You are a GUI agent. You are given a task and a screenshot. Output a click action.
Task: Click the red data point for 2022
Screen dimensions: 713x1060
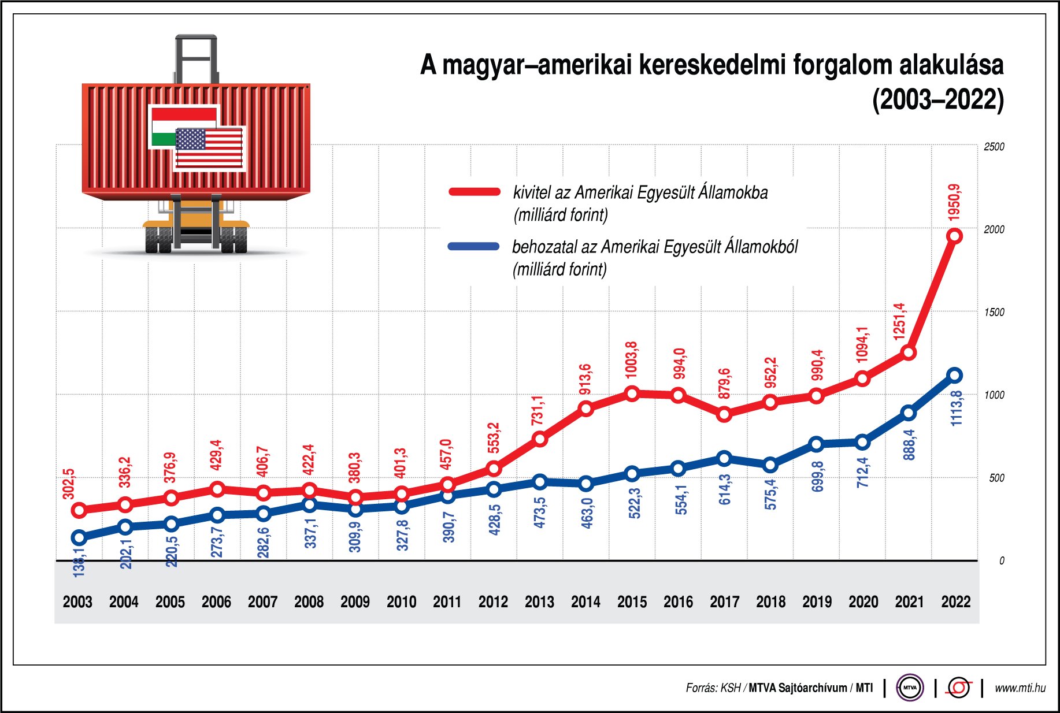955,236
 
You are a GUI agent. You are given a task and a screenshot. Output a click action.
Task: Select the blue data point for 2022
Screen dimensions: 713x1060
955,376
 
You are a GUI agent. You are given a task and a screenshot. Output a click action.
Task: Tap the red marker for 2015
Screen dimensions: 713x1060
632,394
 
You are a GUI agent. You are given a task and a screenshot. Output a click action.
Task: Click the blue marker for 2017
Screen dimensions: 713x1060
724,459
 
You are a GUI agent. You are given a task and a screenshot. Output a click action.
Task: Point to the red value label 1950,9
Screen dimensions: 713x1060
955,202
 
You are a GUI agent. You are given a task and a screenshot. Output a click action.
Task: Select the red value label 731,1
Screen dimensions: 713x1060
538,410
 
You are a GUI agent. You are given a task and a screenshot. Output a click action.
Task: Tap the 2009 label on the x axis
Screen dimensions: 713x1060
355,602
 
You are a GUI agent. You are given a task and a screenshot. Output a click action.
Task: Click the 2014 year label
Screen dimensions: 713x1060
585,602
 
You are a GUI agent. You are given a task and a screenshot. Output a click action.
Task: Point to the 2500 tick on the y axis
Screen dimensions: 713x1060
994,147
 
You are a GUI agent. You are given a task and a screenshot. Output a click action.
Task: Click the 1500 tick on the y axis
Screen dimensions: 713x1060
994,312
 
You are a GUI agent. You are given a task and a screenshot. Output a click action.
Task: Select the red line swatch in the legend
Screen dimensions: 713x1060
475,192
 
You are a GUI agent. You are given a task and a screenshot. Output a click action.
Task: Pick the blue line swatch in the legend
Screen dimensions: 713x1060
474,246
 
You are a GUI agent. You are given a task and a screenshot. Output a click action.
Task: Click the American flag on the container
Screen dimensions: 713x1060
209,148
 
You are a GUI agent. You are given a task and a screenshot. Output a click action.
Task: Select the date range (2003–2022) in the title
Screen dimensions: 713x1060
937,100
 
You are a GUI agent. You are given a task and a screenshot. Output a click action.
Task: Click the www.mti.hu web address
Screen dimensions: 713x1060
1020,688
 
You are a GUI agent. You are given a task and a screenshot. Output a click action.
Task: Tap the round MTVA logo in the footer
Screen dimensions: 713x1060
910,688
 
